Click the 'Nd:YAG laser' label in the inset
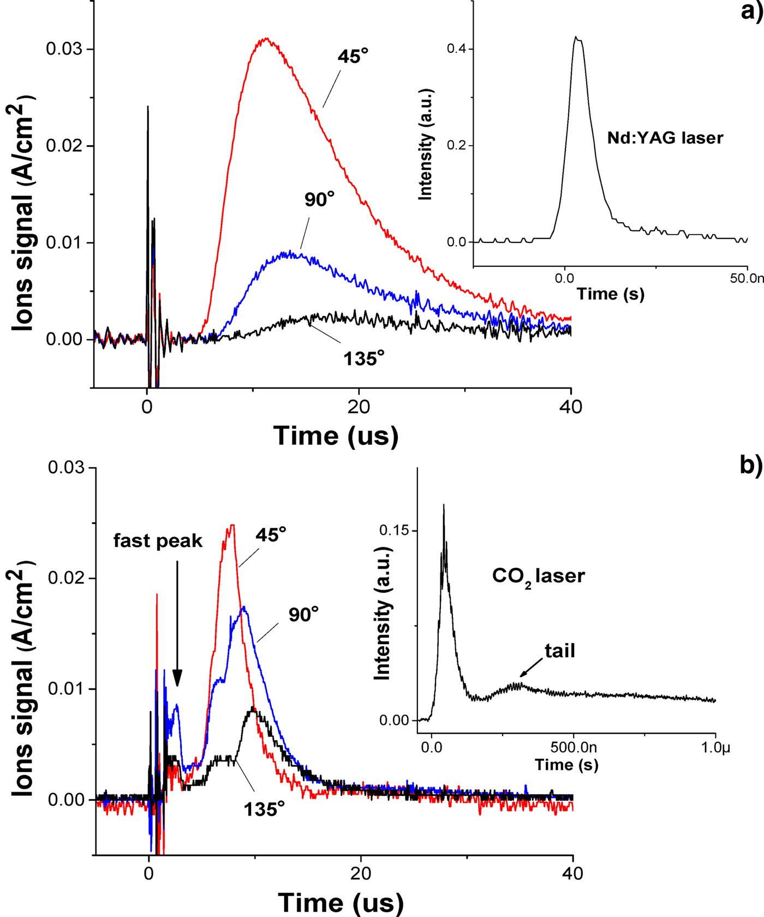tap(665, 138)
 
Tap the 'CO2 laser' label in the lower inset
tap(538, 576)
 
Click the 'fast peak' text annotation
tap(158, 541)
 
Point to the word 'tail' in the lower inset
tap(559, 651)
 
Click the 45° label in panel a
tap(353, 56)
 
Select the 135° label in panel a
tap(363, 359)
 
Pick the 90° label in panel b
tap(303, 615)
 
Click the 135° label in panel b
tap(264, 809)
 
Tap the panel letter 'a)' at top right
tap(751, 11)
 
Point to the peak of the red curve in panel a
tap(266, 39)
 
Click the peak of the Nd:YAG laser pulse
tap(576, 37)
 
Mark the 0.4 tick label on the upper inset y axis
tap(456, 49)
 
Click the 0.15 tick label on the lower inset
tap(393, 531)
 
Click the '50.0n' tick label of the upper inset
tap(747, 278)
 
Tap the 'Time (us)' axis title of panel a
tap(336, 436)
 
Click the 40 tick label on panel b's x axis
tap(572, 873)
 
